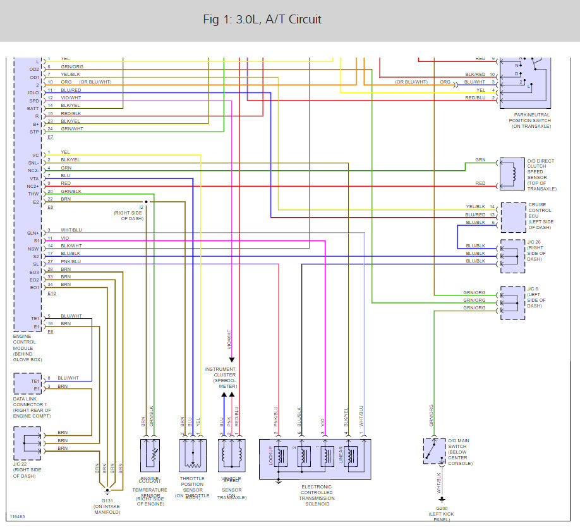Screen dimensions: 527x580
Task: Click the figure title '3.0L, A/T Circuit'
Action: tap(262, 20)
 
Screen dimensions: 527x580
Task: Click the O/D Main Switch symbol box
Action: tap(434, 450)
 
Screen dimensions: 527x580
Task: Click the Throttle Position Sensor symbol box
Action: tap(191, 456)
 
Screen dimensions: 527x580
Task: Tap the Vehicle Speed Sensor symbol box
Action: tap(231, 456)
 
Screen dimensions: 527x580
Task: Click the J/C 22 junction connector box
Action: tap(27, 443)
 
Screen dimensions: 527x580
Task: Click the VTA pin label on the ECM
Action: tap(35, 178)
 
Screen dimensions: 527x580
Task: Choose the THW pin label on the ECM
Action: tap(35, 194)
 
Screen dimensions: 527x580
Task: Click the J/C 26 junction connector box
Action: tap(512, 256)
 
